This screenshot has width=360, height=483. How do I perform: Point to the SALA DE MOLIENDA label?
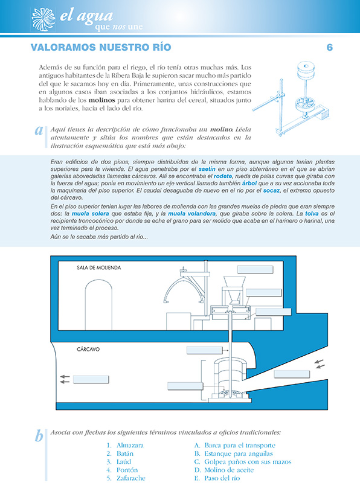click(99, 267)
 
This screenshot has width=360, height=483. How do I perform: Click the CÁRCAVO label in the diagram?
click(89, 349)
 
